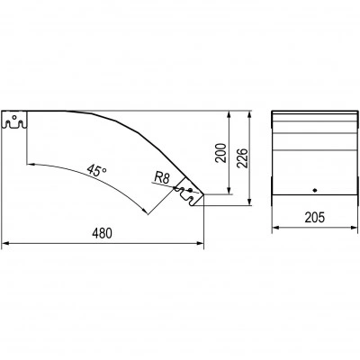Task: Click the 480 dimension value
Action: [102, 233]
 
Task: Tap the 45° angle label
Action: [96, 170]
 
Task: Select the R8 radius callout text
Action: [162, 178]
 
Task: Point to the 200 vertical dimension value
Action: [221, 153]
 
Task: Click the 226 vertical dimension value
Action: [243, 157]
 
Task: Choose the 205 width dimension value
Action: [315, 218]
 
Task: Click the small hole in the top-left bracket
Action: [13, 117]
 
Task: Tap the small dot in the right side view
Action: [315, 190]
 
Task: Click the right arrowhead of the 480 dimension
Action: [200, 243]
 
